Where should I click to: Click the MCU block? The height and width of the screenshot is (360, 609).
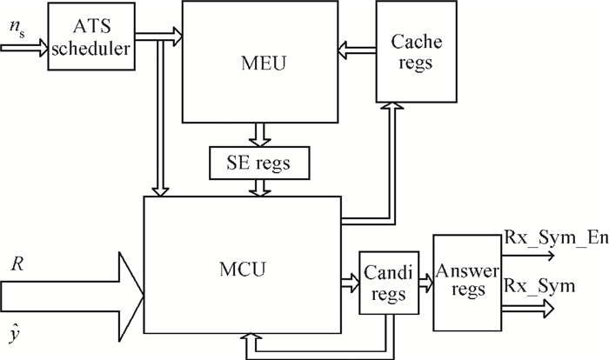(242, 265)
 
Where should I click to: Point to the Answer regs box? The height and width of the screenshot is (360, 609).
(466, 283)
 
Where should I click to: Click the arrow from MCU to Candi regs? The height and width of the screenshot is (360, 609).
(349, 283)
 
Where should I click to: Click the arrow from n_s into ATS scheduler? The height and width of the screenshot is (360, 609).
(26, 47)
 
